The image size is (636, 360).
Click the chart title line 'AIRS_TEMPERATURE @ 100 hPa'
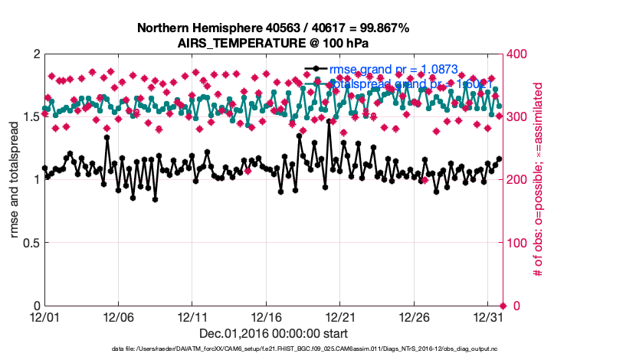pyautogui.click(x=273, y=43)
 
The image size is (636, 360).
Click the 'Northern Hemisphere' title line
pyautogui.click(x=273, y=28)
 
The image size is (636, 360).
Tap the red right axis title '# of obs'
pyautogui.click(x=538, y=180)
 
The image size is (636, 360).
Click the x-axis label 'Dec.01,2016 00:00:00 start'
pyautogui.click(x=273, y=333)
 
